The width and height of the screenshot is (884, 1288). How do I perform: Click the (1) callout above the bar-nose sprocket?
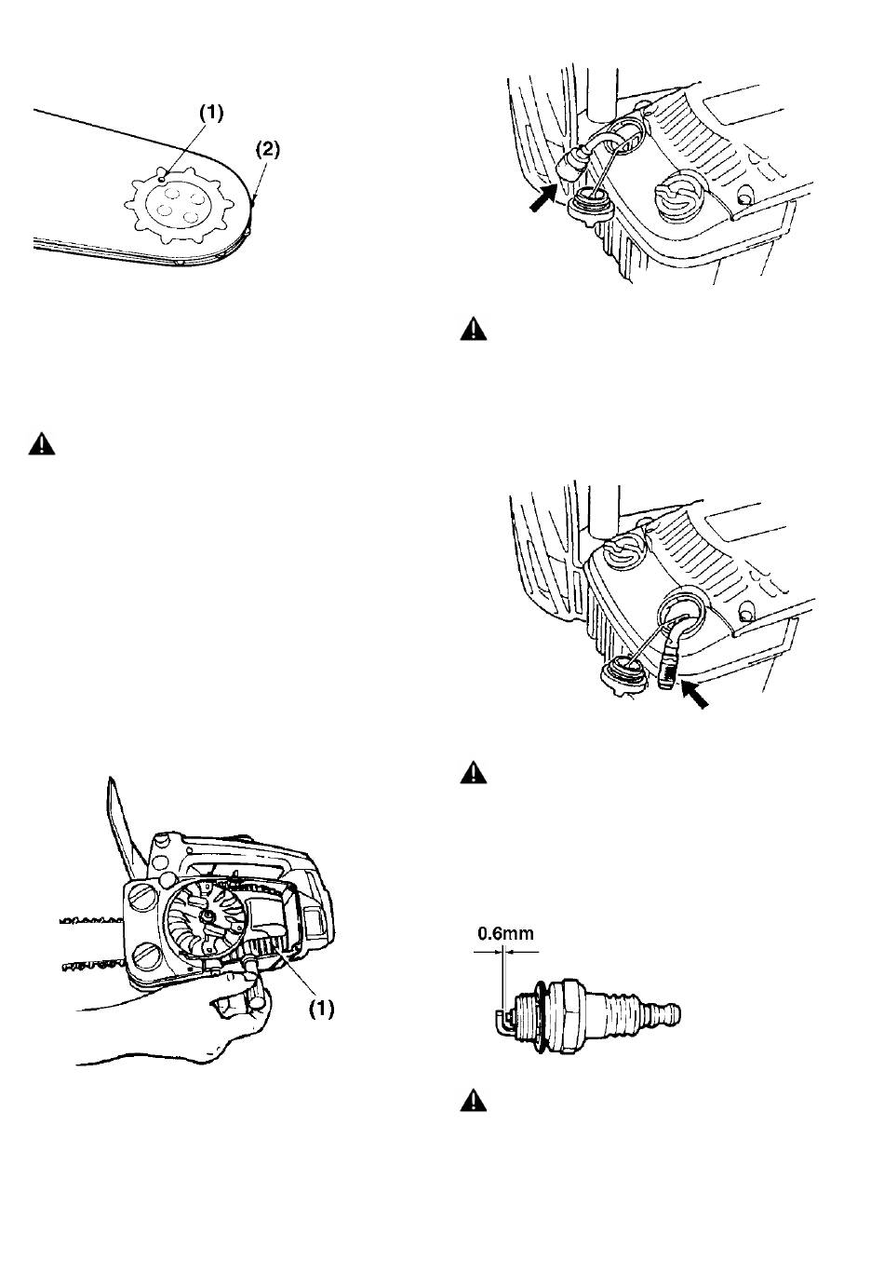coord(211,114)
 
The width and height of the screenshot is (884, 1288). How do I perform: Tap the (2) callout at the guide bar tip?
coord(268,150)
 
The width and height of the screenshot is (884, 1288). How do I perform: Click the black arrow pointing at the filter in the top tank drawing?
coord(542,199)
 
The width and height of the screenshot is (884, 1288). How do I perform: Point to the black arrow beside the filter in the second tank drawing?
coord(694,695)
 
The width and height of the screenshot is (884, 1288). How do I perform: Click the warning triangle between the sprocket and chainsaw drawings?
coord(42,444)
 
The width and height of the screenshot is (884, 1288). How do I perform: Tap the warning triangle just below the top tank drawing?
coord(474,329)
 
